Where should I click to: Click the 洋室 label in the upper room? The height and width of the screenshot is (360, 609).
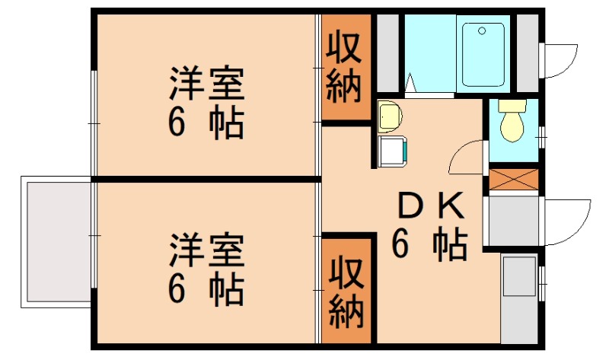click(x=206, y=84)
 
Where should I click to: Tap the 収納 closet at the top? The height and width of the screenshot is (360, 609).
click(x=344, y=68)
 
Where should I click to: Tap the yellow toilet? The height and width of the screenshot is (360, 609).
click(x=512, y=120)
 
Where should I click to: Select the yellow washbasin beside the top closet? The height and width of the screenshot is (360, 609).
click(x=389, y=116)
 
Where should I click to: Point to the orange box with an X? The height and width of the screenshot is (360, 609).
click(x=512, y=179)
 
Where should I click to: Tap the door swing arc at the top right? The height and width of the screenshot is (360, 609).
click(x=560, y=59)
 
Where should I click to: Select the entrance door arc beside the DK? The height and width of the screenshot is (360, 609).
click(x=567, y=221)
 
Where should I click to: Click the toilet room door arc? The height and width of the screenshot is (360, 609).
click(x=466, y=158)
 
